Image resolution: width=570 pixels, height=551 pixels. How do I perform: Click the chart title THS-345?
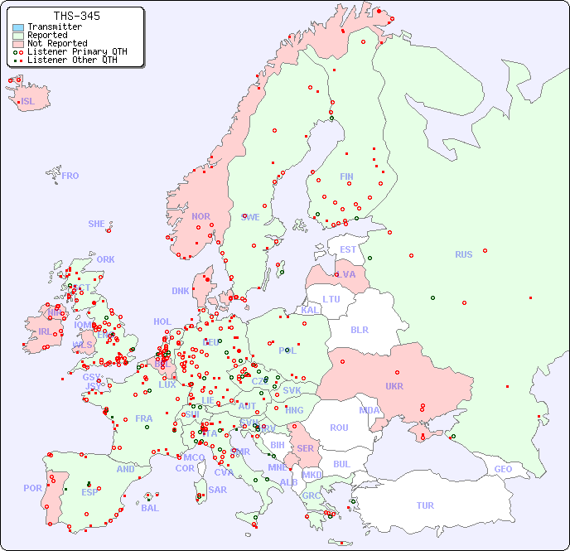point(77,16)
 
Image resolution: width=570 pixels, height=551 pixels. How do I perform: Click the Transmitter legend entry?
point(54,27)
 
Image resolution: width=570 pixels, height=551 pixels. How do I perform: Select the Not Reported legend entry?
point(56,43)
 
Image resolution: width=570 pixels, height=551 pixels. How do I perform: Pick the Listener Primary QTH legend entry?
point(77,51)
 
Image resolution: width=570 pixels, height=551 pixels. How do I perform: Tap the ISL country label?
point(28,102)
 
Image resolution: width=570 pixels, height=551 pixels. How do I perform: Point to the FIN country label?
point(346,176)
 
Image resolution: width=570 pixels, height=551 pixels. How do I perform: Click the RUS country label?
point(463,254)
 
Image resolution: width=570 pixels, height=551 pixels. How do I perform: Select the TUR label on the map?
point(425,505)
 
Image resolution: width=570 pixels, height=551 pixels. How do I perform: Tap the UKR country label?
point(394,386)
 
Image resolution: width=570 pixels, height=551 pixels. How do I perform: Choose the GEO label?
point(503,469)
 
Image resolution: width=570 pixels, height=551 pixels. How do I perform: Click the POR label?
point(32,488)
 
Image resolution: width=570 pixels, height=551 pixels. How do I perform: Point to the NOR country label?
point(200,216)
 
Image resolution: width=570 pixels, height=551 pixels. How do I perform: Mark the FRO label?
point(70,176)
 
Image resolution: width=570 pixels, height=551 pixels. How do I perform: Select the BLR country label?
point(359,329)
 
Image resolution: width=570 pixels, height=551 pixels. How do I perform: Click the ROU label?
point(339,428)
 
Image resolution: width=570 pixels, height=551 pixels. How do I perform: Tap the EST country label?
point(348,249)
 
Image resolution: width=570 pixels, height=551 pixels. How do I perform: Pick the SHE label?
point(97,224)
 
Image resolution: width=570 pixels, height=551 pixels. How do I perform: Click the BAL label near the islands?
point(149,508)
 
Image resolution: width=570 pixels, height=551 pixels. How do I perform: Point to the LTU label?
point(331,299)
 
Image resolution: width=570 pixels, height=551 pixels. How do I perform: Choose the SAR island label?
point(218,489)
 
